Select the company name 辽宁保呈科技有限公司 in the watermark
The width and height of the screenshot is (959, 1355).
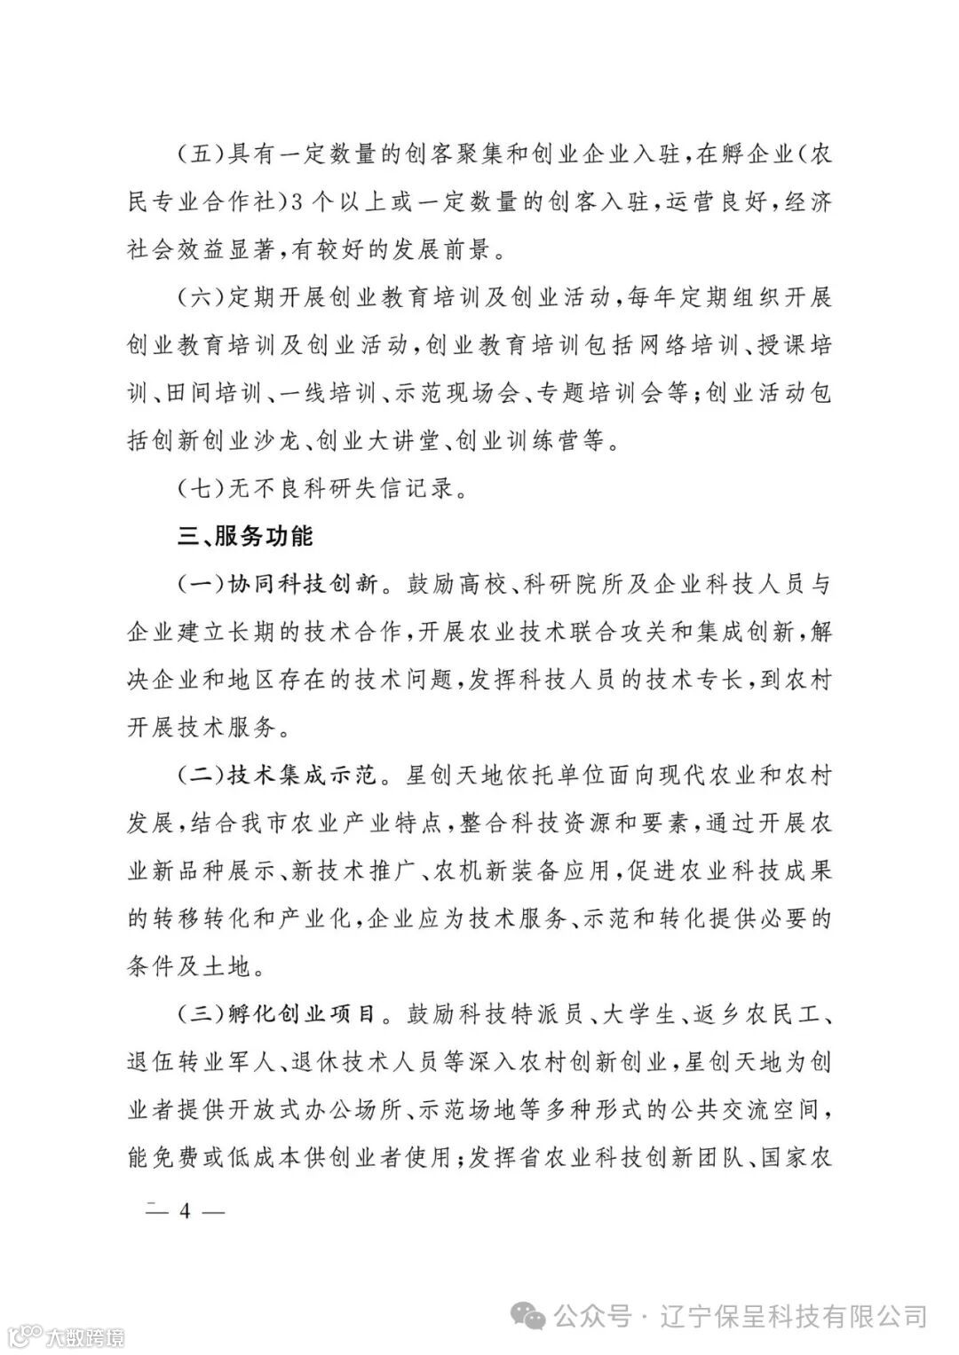(796, 1315)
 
